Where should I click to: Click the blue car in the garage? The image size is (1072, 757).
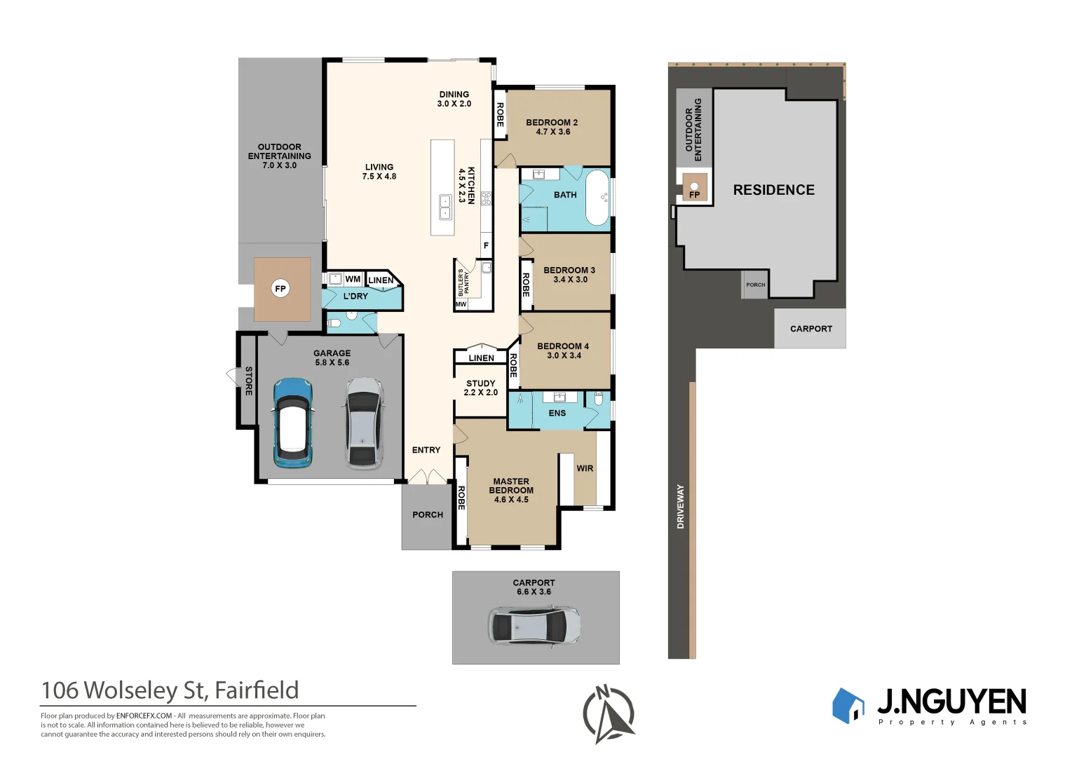[292, 423]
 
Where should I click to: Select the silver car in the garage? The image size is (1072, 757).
[363, 423]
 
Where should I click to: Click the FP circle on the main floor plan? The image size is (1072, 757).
[280, 289]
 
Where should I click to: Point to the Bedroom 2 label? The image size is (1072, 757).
[552, 127]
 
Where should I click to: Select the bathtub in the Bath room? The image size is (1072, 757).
[597, 198]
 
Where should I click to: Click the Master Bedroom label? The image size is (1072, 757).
[511, 491]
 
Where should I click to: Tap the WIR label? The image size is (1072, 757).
[585, 469]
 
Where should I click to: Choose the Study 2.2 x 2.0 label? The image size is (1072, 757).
[481, 388]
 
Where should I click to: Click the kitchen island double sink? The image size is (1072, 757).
[445, 207]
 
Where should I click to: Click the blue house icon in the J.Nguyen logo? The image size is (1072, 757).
[848, 705]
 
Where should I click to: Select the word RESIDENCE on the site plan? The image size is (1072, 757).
[773, 190]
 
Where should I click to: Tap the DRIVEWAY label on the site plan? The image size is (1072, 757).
[680, 506]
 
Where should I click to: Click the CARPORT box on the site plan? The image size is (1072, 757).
[810, 328]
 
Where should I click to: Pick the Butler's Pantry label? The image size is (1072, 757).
[463, 282]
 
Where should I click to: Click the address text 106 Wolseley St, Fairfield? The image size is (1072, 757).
[170, 690]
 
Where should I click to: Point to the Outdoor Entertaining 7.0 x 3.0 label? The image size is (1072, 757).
[279, 156]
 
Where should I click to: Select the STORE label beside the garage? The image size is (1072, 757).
[248, 381]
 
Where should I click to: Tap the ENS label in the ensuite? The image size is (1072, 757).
[557, 414]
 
